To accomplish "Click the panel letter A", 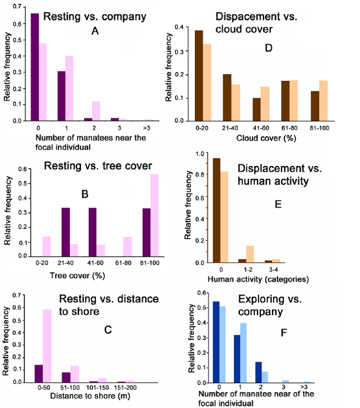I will (95, 32).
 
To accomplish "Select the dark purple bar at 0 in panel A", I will (34, 67).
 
